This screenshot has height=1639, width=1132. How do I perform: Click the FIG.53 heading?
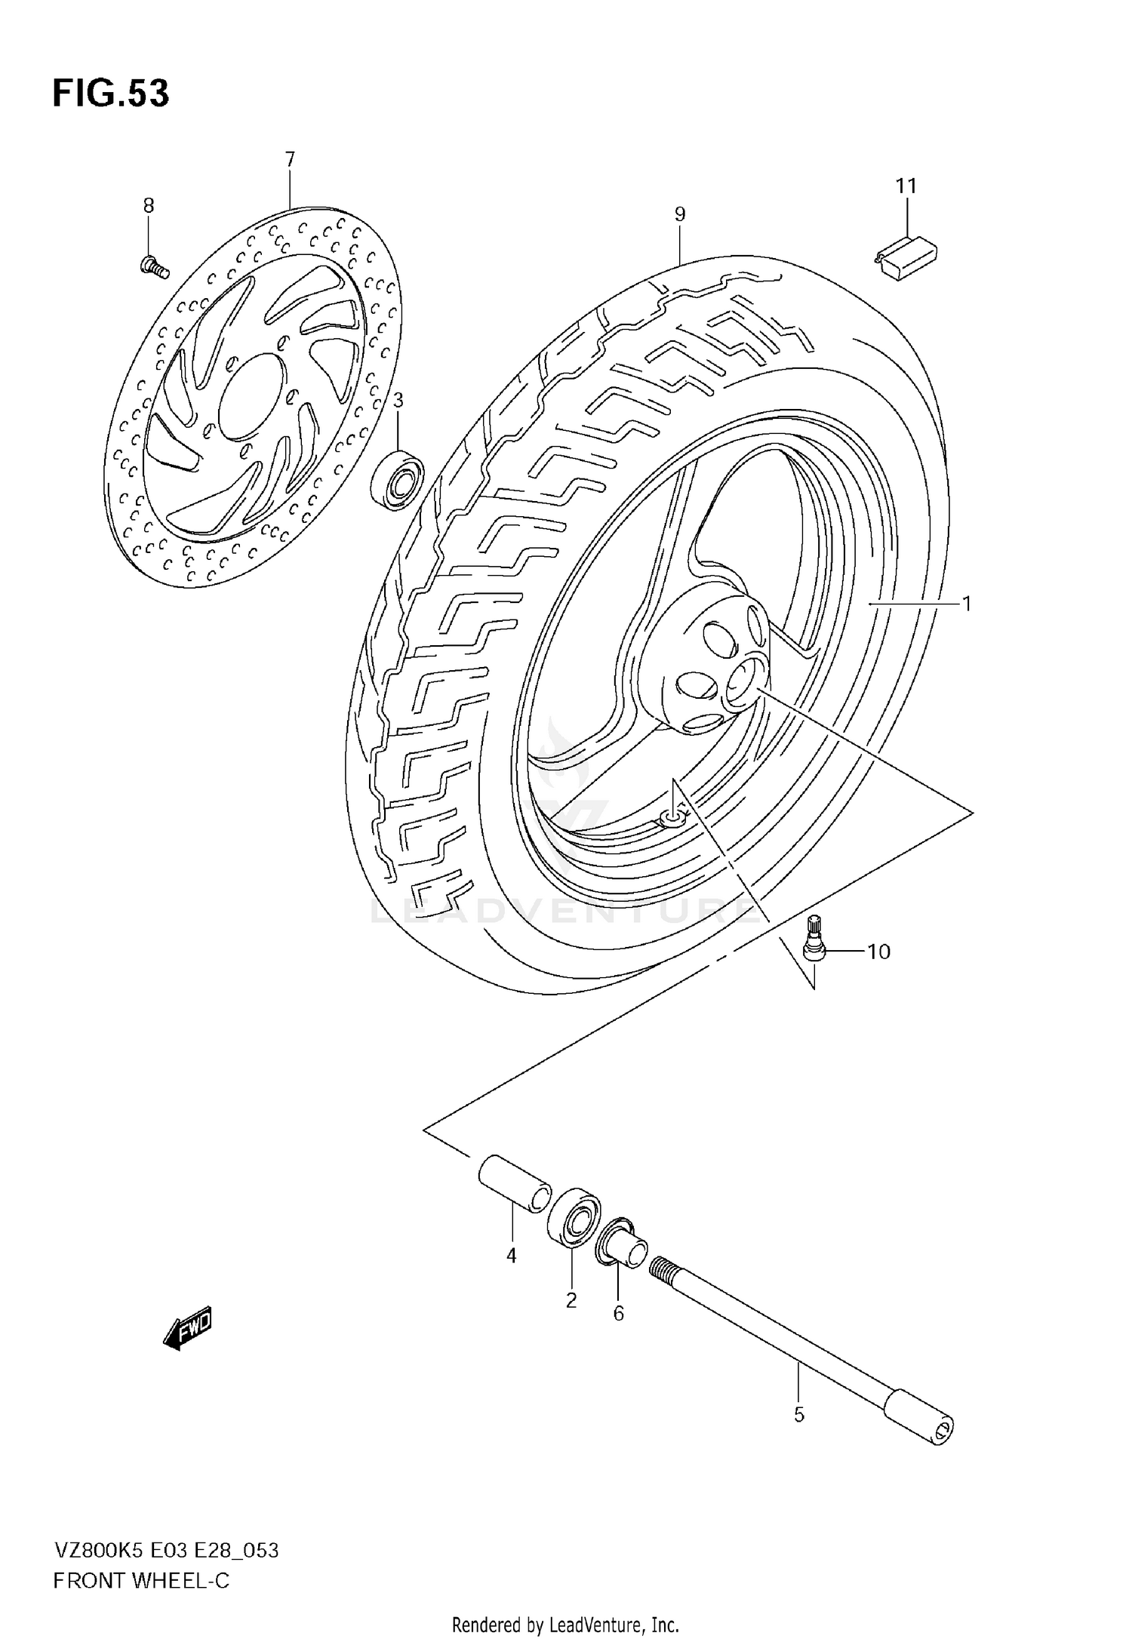pyautogui.click(x=111, y=94)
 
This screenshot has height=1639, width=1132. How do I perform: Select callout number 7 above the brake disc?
pyautogui.click(x=290, y=159)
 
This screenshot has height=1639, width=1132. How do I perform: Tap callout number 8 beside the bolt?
pyautogui.click(x=149, y=205)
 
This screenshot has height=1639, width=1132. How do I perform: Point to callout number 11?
pyautogui.click(x=906, y=186)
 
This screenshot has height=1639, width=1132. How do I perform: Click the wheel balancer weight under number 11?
pyautogui.click(x=906, y=257)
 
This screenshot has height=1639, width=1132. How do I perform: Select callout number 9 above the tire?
pyautogui.click(x=679, y=214)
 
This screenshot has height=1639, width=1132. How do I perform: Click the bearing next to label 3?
pyautogui.click(x=398, y=478)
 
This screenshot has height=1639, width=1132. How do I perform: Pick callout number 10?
pyautogui.click(x=878, y=952)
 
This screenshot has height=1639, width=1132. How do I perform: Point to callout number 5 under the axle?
pyautogui.click(x=799, y=1415)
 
